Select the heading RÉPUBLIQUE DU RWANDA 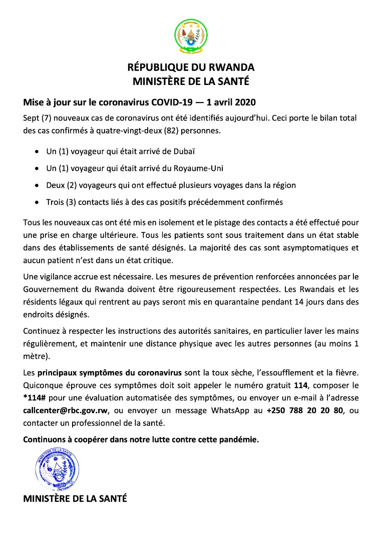click(191, 67)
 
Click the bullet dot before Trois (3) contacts click(38, 202)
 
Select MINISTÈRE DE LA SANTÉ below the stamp click(75, 498)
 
